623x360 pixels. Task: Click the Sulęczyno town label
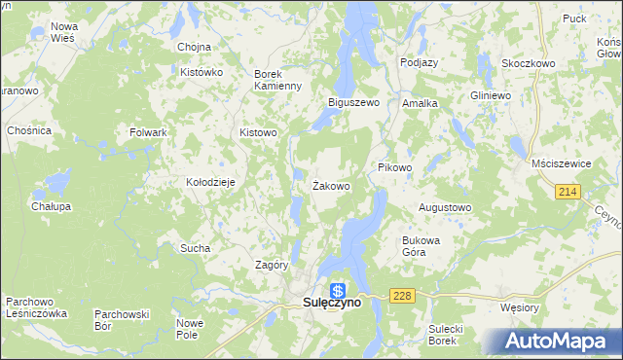click(325, 303)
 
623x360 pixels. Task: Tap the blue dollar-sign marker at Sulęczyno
click(338, 289)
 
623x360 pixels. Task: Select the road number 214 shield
click(569, 193)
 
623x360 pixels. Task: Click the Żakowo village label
click(331, 185)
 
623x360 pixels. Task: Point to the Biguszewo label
click(352, 102)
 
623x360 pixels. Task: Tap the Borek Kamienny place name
click(279, 80)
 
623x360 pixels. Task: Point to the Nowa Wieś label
click(64, 32)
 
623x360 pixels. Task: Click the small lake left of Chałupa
click(58, 182)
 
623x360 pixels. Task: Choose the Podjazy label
click(420, 62)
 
